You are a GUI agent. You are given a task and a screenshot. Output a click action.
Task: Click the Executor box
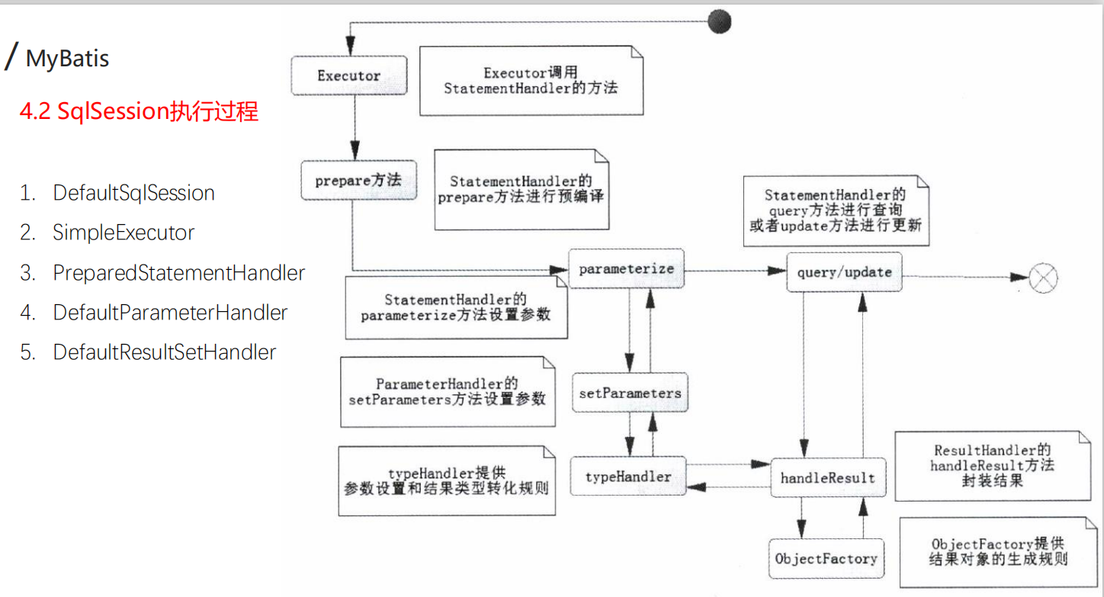tap(348, 75)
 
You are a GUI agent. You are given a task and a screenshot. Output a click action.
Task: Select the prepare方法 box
tap(358, 181)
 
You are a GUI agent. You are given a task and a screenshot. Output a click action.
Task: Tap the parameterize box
tap(627, 269)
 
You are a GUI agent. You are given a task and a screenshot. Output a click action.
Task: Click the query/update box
tap(844, 272)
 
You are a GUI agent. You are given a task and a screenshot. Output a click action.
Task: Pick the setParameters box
tap(630, 393)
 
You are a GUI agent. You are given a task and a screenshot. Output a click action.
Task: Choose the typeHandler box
tap(628, 477)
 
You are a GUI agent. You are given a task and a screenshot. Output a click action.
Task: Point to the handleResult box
tap(828, 478)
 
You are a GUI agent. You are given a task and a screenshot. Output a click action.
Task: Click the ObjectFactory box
tap(826, 559)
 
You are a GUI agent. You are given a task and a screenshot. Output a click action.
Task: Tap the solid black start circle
tap(719, 21)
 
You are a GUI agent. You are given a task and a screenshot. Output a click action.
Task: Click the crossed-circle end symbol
tap(1043, 278)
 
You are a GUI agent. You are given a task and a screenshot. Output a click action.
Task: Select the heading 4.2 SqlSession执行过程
tap(139, 112)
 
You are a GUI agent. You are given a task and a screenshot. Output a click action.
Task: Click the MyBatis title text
tap(67, 59)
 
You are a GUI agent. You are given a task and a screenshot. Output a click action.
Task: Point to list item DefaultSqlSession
tap(133, 193)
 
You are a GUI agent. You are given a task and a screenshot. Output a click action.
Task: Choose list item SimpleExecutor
tap(124, 233)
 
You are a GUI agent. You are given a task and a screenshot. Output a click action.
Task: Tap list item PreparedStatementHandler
tap(178, 273)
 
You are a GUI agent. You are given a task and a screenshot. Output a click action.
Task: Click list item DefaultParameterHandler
tap(170, 313)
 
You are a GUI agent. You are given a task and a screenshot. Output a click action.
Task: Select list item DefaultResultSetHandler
tap(164, 352)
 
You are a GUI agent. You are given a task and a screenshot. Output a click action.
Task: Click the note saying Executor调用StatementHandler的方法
tap(531, 81)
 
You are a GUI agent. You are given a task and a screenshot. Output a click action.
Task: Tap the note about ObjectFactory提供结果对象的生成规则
tap(998, 551)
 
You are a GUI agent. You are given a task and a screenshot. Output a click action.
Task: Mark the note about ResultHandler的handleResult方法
tap(992, 465)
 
